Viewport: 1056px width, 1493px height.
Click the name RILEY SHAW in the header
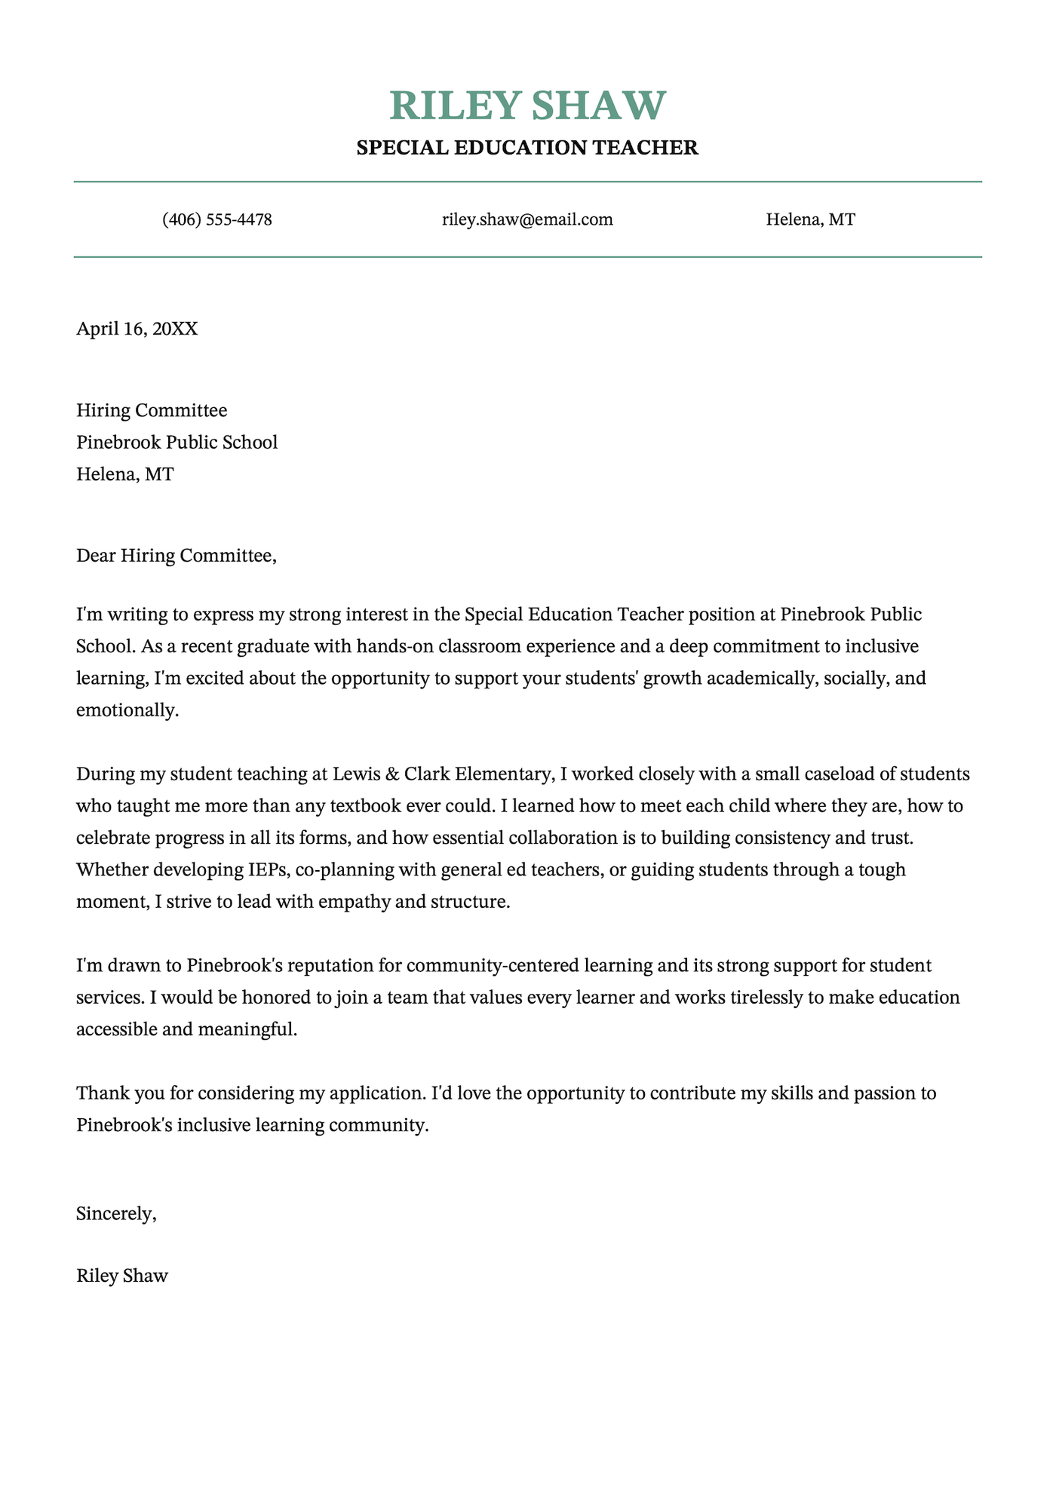(528, 106)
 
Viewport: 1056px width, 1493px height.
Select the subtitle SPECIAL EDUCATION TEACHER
(528, 148)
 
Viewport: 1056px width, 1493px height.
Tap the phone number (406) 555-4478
(217, 220)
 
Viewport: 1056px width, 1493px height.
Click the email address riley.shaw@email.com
(527, 220)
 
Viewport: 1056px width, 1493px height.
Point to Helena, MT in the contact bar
(810, 220)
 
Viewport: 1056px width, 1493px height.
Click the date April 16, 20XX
(137, 329)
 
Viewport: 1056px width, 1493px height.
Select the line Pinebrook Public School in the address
(177, 443)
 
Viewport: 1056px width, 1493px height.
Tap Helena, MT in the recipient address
(124, 474)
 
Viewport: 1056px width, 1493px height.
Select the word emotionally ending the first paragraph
(127, 710)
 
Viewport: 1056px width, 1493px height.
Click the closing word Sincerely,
(116, 1213)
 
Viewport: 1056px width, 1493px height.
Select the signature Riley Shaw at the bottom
(122, 1276)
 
